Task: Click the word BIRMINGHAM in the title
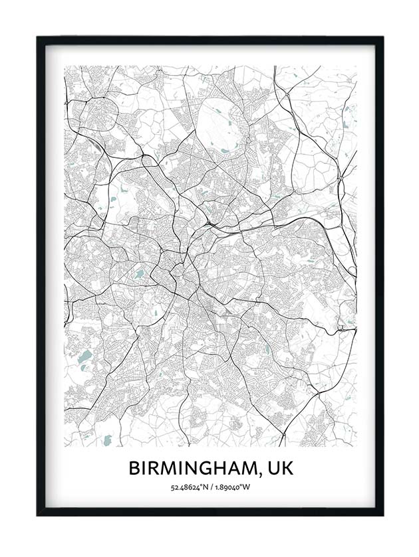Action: [190, 468]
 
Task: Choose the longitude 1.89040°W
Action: [231, 488]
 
